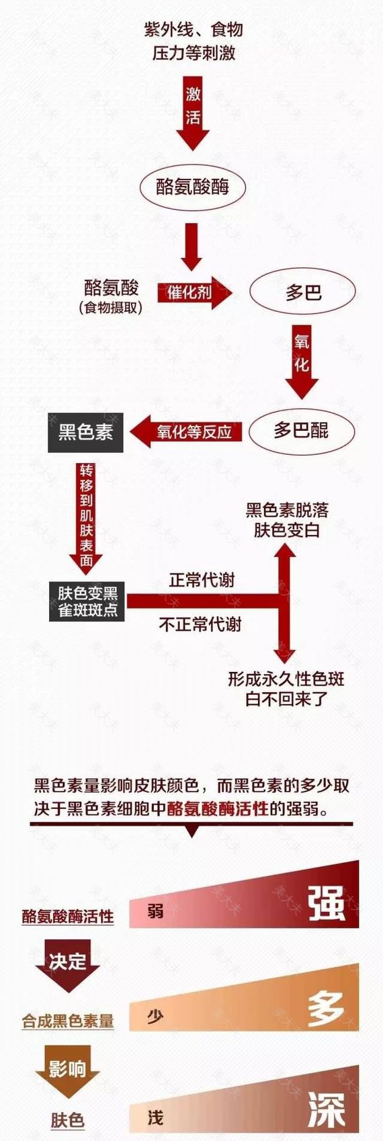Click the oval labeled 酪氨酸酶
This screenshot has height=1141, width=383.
[193, 187]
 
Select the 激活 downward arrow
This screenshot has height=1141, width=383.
[193, 113]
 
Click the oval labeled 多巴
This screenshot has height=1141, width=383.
[302, 293]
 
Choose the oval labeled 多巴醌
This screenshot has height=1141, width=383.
[301, 431]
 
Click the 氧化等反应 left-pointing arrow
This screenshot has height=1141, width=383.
[186, 432]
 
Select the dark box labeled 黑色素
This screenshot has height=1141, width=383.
[85, 433]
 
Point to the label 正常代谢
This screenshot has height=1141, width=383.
[202, 580]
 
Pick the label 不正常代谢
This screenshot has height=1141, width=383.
[200, 624]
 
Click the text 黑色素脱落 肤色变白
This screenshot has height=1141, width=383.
[287, 520]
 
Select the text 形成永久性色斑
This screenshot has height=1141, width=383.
[286, 679]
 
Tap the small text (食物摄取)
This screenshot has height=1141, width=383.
[110, 308]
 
